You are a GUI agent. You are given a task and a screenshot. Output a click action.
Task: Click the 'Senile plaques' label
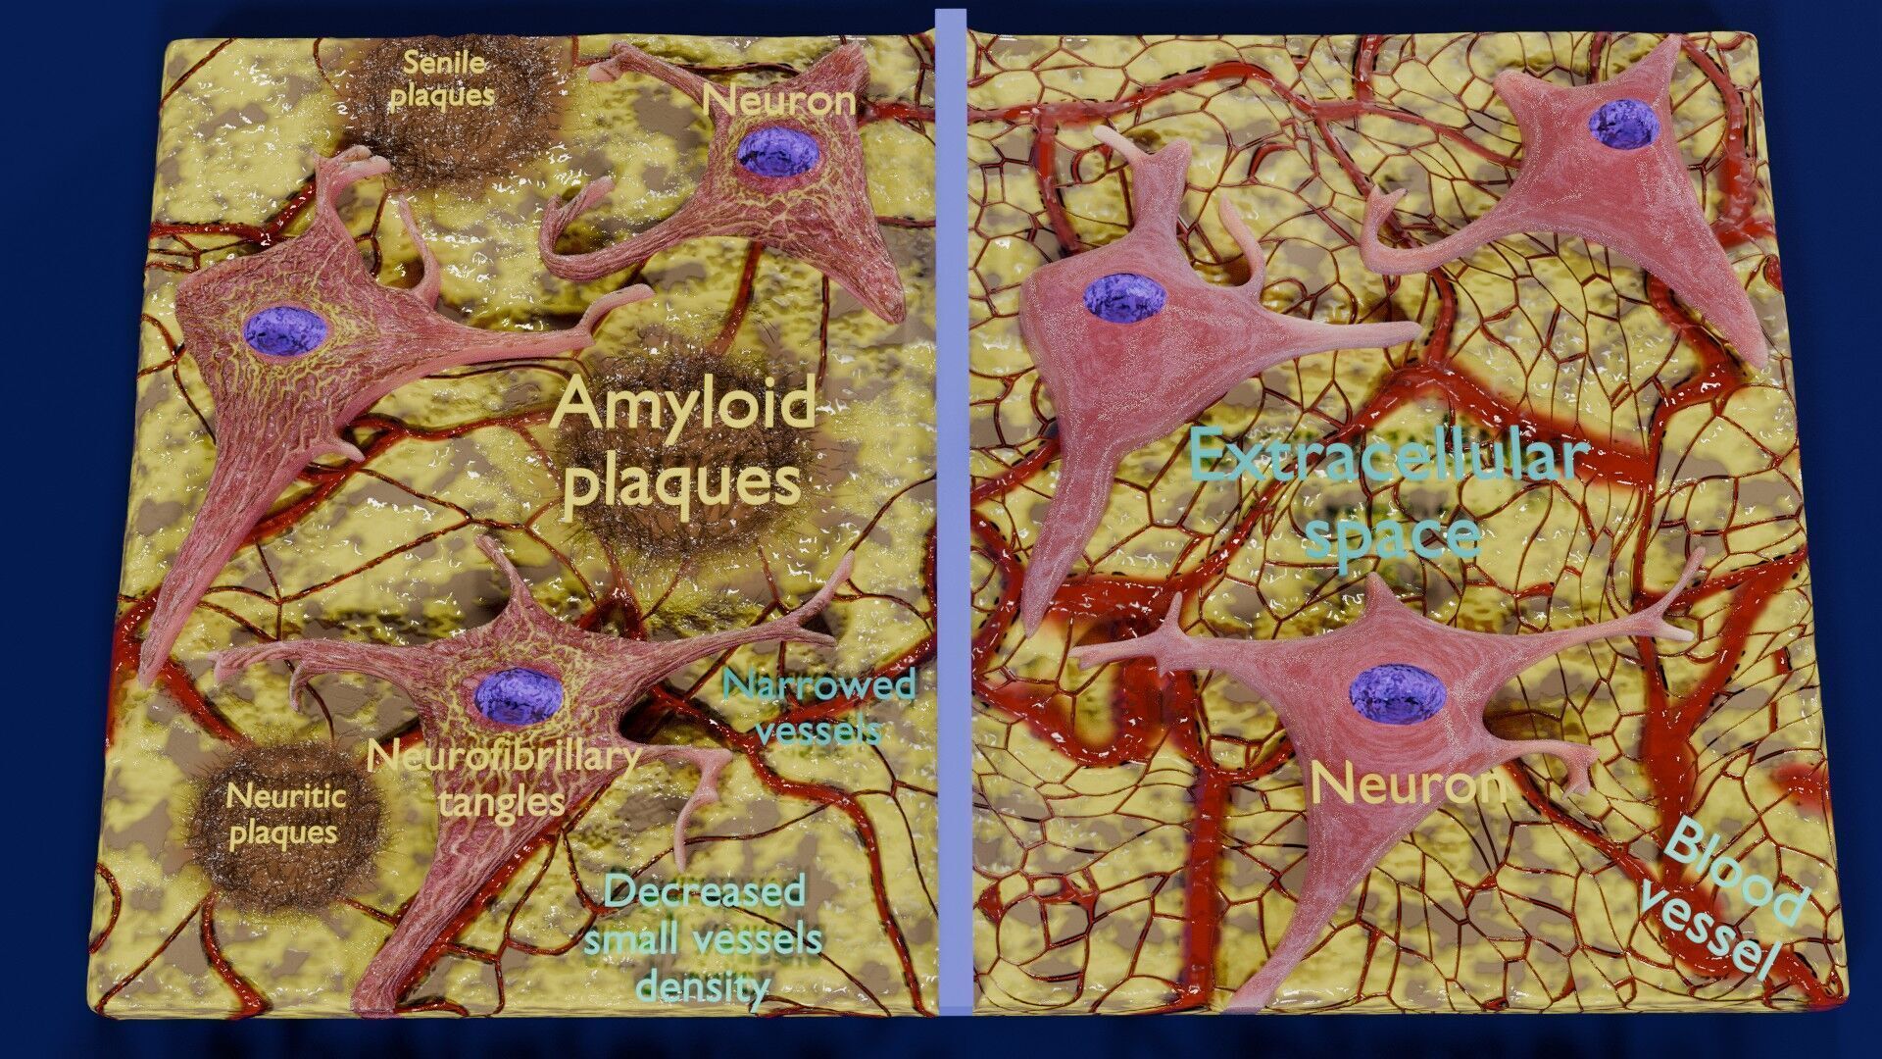pyautogui.click(x=443, y=79)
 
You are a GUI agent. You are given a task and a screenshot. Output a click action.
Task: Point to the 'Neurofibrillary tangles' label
pyautogui.click(x=503, y=779)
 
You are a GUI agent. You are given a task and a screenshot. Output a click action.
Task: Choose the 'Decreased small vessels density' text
pyautogui.click(x=703, y=937)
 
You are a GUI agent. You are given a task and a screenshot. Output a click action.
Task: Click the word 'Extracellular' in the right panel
pyautogui.click(x=1389, y=457)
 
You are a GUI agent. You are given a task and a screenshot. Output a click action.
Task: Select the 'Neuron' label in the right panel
pyautogui.click(x=1408, y=784)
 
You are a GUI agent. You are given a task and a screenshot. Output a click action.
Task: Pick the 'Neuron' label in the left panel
pyautogui.click(x=778, y=100)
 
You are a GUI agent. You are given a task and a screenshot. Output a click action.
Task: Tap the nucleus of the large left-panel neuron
pyautogui.click(x=285, y=329)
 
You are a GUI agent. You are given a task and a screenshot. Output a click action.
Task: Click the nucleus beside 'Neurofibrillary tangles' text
pyautogui.click(x=519, y=694)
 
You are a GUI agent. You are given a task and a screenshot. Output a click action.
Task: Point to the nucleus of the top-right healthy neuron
pyautogui.click(x=1623, y=125)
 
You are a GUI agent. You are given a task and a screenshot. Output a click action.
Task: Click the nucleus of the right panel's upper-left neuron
pyautogui.click(x=1124, y=297)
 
